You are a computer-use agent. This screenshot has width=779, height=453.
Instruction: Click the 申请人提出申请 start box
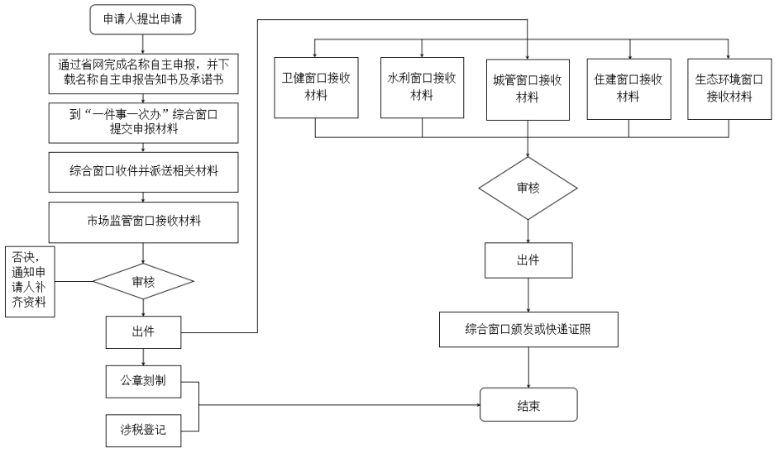point(142,19)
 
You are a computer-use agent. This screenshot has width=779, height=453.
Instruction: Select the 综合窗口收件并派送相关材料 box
point(143,172)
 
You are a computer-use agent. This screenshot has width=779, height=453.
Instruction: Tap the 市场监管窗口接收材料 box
point(143,222)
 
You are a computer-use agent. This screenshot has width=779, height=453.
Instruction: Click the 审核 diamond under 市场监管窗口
point(143,282)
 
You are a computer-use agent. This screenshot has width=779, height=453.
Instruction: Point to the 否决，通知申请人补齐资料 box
point(30,281)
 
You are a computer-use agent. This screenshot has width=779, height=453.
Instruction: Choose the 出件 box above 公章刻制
point(143,331)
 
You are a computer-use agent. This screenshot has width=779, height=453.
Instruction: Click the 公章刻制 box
point(143,381)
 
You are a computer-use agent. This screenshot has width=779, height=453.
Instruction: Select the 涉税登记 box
point(143,430)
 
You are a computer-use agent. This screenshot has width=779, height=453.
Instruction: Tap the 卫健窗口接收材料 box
point(317,88)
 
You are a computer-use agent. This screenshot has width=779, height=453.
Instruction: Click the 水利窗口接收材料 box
point(423,88)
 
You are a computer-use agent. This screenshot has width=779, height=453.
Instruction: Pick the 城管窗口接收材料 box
point(528,90)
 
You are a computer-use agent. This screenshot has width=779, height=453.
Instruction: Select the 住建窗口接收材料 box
point(629,89)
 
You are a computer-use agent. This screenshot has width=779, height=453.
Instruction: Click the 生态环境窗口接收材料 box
point(729,89)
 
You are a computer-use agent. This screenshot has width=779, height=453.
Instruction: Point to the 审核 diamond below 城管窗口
point(528,188)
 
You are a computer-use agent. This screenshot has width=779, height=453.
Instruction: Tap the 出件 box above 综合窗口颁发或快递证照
point(528,260)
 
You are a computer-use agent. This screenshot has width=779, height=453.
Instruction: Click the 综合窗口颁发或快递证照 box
point(528,329)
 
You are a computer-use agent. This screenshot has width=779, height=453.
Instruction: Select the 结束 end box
point(528,405)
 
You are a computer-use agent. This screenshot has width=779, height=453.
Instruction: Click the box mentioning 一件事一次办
point(143,122)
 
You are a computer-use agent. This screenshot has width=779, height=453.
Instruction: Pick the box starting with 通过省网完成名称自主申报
point(143,74)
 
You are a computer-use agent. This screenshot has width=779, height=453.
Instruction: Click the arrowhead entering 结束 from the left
point(477,405)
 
